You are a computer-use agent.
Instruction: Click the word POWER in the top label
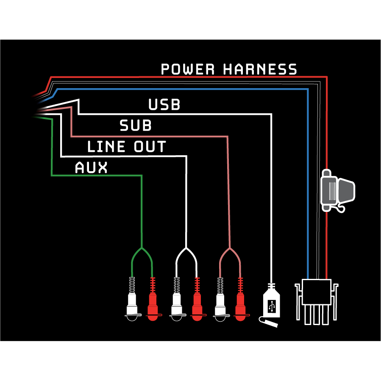(x=188, y=69)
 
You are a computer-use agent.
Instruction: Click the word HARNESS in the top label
(x=260, y=69)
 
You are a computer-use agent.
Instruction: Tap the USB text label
(x=164, y=105)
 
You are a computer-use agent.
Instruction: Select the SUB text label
(x=136, y=126)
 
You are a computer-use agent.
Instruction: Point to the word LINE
(x=106, y=147)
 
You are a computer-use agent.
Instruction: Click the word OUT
(x=150, y=147)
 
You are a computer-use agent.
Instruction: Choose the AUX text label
(x=91, y=168)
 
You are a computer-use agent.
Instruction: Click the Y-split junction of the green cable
(x=142, y=248)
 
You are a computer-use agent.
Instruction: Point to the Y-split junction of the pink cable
(x=230, y=248)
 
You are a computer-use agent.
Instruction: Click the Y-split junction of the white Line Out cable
(x=186, y=248)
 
